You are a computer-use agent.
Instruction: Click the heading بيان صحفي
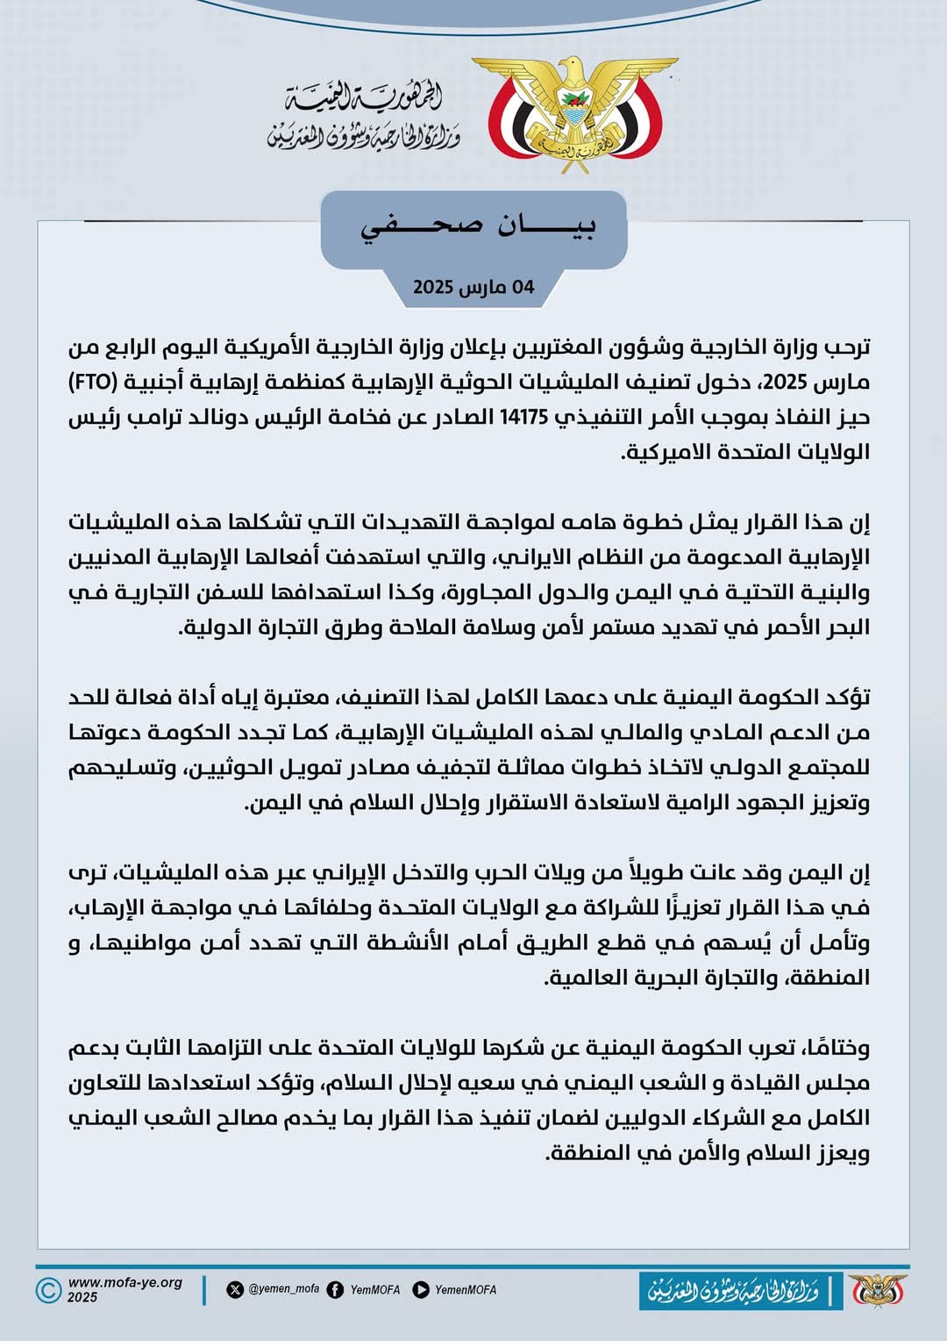pos(479,226)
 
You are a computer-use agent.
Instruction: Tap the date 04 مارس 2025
pos(473,287)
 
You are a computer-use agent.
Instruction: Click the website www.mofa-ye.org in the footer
pos(125,1282)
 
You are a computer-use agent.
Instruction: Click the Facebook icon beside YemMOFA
pos(335,1289)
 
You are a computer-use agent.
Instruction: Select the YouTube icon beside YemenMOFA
pos(421,1289)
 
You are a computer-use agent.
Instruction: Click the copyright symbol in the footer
pos(49,1289)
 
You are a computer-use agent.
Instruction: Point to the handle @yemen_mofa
pos(284,1289)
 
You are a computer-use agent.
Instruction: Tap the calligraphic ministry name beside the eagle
pos(365,117)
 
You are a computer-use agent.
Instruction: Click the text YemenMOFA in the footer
pos(466,1289)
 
